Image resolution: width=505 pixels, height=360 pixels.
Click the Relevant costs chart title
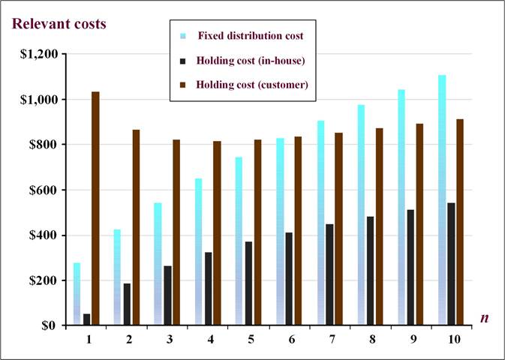58,23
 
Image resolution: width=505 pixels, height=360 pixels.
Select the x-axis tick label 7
330,340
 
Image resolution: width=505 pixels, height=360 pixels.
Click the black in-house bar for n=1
86,319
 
